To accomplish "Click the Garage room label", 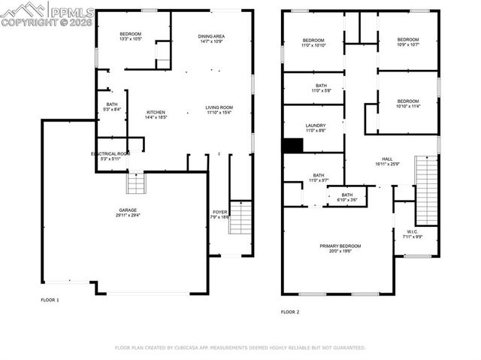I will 127,210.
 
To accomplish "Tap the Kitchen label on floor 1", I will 156,112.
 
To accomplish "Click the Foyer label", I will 220,212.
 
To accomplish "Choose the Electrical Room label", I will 110,153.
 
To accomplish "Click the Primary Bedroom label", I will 340,246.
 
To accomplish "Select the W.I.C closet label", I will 412,231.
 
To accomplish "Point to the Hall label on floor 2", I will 387,159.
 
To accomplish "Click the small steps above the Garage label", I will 135,183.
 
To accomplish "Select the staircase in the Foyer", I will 240,217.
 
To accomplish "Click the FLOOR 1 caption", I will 50,300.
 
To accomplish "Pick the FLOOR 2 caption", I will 290,311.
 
